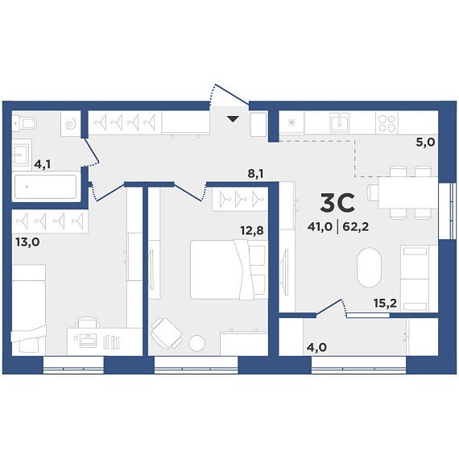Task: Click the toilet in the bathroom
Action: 25,123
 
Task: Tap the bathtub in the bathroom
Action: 46,187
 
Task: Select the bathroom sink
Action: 22,155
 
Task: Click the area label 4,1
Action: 43,164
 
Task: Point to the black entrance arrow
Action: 233,119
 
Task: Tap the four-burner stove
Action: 387,123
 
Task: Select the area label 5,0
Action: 426,143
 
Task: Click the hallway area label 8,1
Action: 255,174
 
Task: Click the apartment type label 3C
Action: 337,203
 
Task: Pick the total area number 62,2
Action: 356,226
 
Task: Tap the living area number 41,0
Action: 320,226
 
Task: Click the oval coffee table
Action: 369,267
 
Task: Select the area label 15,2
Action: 385,304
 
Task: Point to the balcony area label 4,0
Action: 316,347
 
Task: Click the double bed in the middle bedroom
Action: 229,270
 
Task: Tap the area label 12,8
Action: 252,230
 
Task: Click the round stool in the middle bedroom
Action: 196,343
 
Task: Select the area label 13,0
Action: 27,242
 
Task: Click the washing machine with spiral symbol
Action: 71,123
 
